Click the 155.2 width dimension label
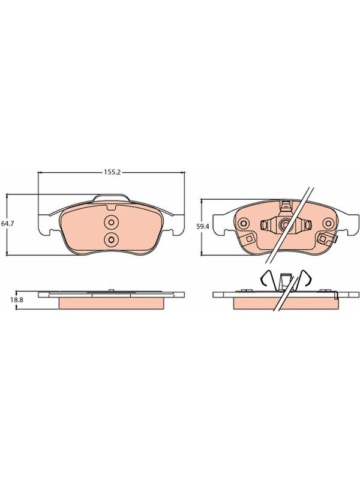112,173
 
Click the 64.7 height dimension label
6,224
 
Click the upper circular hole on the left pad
111,223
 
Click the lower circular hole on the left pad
111,239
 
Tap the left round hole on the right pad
244,223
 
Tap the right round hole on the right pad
329,223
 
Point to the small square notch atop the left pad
111,208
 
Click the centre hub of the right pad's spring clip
286,225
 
